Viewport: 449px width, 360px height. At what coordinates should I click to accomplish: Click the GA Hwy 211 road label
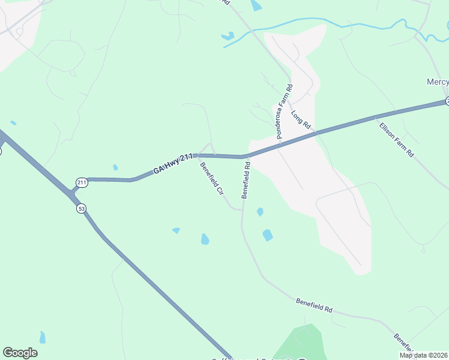[173, 164]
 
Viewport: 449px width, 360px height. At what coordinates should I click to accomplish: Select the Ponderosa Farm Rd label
[285, 112]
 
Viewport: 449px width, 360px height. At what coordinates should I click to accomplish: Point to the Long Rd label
[300, 120]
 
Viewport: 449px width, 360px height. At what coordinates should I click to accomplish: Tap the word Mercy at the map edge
[437, 82]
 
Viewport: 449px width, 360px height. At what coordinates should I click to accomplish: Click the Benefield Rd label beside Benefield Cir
[246, 179]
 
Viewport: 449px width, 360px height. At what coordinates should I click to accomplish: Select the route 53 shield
[81, 208]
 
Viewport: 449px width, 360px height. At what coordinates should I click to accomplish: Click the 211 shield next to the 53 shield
[82, 182]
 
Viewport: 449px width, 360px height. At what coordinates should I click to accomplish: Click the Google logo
[20, 353]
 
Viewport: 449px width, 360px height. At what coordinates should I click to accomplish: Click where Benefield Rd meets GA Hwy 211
[246, 157]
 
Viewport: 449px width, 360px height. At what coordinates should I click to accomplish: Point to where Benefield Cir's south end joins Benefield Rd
[242, 210]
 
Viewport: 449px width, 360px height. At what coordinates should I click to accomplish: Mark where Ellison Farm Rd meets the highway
[376, 117]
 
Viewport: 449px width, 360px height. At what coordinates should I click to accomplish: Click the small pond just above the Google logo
[42, 337]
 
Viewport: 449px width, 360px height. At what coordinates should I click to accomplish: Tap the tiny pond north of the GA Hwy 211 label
[115, 167]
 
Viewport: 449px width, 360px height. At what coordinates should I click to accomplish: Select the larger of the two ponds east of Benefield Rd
[268, 235]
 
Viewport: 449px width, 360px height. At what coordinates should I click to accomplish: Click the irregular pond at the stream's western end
[228, 37]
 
